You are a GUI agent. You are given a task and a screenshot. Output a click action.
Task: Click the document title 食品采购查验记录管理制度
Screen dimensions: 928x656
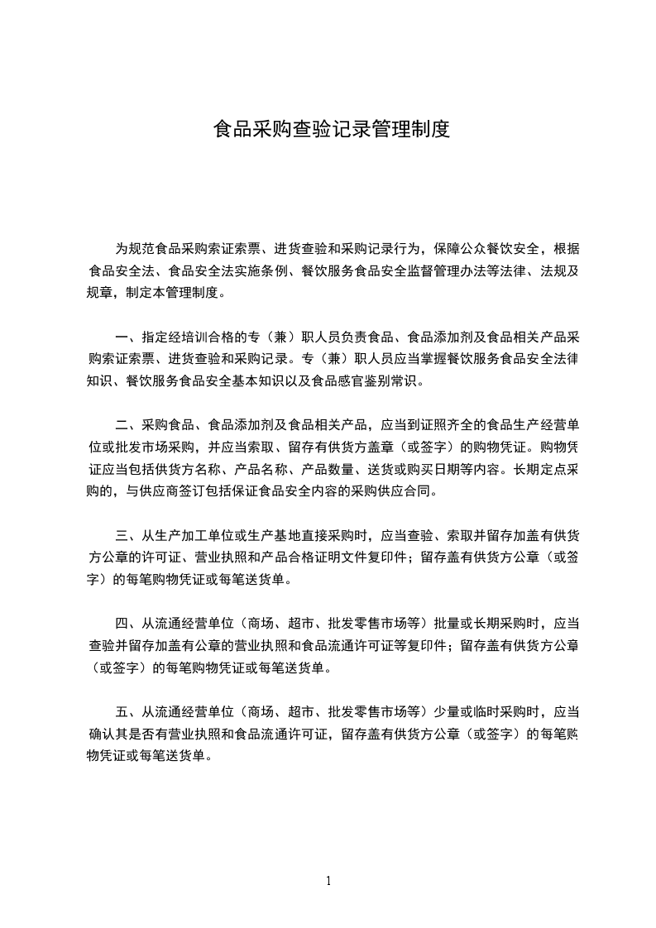331,129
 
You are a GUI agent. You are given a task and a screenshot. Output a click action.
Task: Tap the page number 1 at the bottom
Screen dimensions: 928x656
328,881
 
